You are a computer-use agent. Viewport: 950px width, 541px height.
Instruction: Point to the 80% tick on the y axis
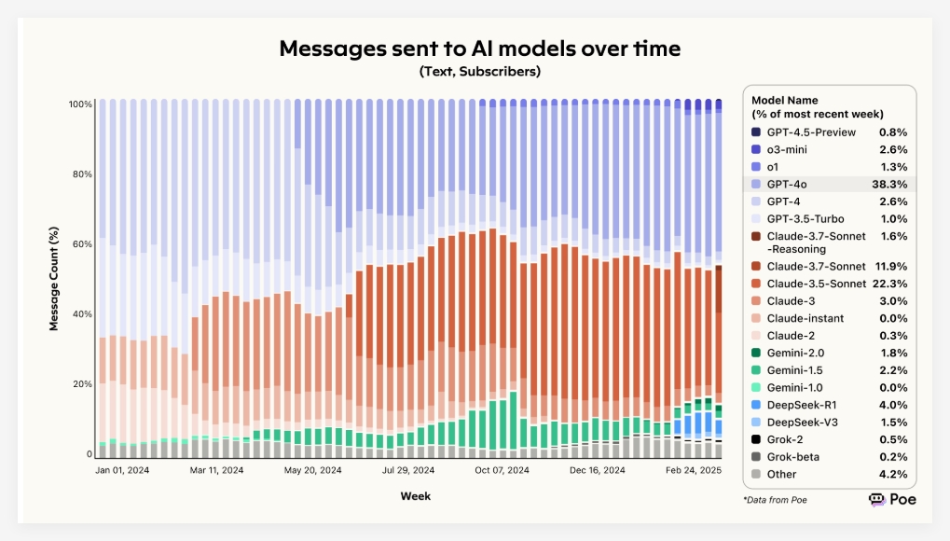80,174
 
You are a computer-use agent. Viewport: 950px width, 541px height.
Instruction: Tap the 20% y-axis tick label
80,384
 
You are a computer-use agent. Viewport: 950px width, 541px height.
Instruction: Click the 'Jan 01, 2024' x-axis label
123,471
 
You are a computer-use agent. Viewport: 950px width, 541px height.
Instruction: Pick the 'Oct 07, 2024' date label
501,471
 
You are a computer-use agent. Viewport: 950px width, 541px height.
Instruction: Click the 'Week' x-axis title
415,496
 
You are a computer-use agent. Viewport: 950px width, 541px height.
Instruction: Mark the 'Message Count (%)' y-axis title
55,279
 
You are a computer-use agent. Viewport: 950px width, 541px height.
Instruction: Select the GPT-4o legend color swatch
756,185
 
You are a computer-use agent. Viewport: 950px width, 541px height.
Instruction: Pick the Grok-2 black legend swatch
756,439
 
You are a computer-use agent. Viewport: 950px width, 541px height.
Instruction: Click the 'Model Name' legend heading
785,100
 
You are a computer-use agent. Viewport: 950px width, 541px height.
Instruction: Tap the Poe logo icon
876,500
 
